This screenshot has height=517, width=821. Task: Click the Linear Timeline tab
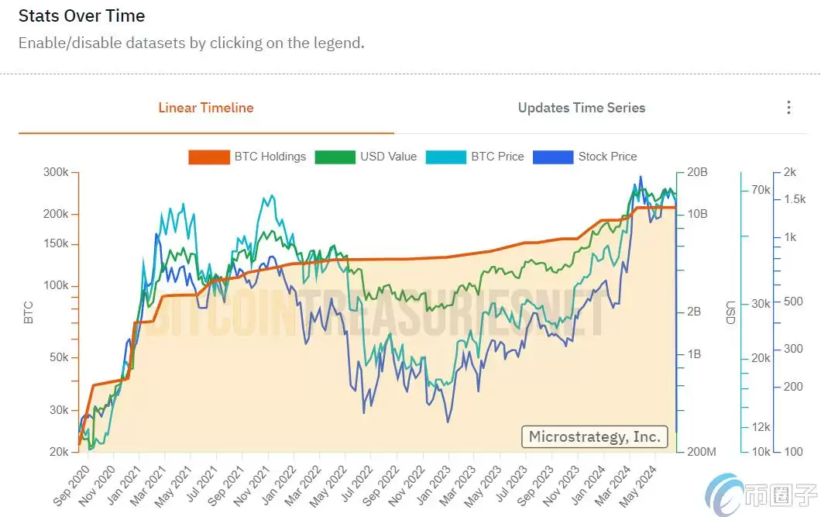[x=205, y=108]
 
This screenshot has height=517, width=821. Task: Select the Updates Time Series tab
[x=581, y=108]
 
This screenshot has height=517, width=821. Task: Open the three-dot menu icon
[x=788, y=108]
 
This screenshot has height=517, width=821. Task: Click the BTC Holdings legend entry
[x=248, y=157]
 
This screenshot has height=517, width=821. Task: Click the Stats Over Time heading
[x=81, y=16]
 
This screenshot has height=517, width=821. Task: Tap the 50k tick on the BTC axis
[x=59, y=357]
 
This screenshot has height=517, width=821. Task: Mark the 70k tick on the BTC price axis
[x=760, y=190]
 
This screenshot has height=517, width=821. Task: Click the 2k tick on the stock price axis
[x=789, y=172]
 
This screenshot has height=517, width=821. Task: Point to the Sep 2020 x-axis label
[x=72, y=485]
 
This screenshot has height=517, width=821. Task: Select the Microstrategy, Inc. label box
[x=594, y=436]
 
